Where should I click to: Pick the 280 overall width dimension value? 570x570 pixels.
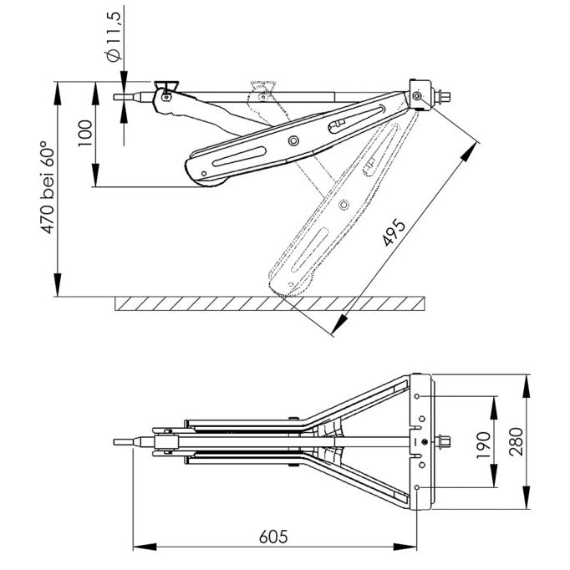(516, 441)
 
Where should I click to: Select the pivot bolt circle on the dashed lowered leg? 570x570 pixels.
(344, 203)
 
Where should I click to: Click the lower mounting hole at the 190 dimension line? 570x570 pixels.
(417, 487)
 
